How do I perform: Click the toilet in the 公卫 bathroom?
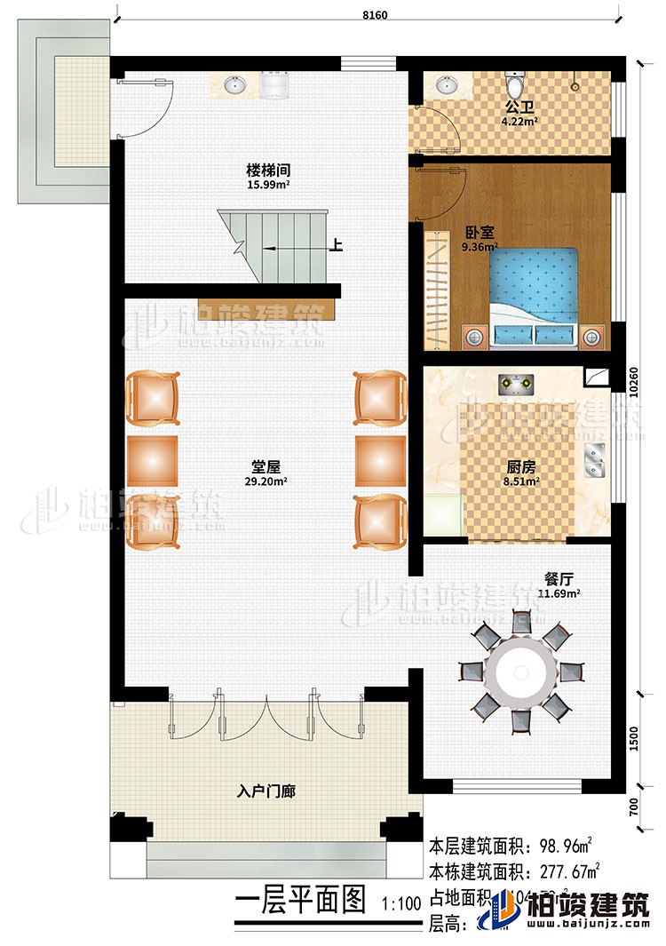[513, 85]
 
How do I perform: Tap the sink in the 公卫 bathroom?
[447, 86]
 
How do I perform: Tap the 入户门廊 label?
[266, 790]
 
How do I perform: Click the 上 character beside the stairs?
[336, 248]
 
